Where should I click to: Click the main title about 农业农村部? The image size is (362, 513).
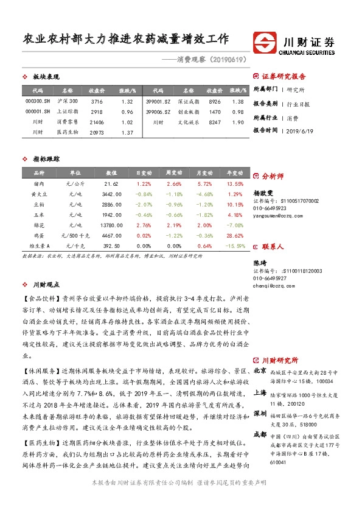[x=125, y=40]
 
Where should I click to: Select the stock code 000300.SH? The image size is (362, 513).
[x=38, y=101]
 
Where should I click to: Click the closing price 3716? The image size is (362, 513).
[x=96, y=101]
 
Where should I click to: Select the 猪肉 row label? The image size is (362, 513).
[x=38, y=183]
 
